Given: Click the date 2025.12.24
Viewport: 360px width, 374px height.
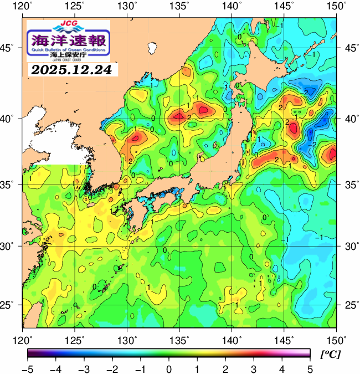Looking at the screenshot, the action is point(71,70).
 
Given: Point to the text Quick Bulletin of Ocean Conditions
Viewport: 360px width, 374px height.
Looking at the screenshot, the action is point(68,49).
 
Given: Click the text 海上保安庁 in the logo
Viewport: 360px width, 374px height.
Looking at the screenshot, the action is point(68,55).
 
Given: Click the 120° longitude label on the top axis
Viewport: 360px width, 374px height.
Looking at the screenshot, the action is point(23,7).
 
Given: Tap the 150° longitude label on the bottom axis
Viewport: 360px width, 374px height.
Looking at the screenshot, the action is point(335,339).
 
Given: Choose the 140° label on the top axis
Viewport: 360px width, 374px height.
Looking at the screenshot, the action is point(233,7).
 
